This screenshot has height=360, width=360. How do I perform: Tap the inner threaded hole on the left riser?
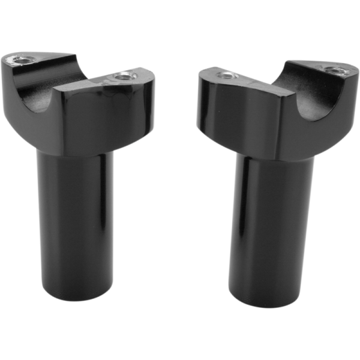click(125, 76)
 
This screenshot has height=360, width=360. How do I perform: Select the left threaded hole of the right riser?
click(227, 76)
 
